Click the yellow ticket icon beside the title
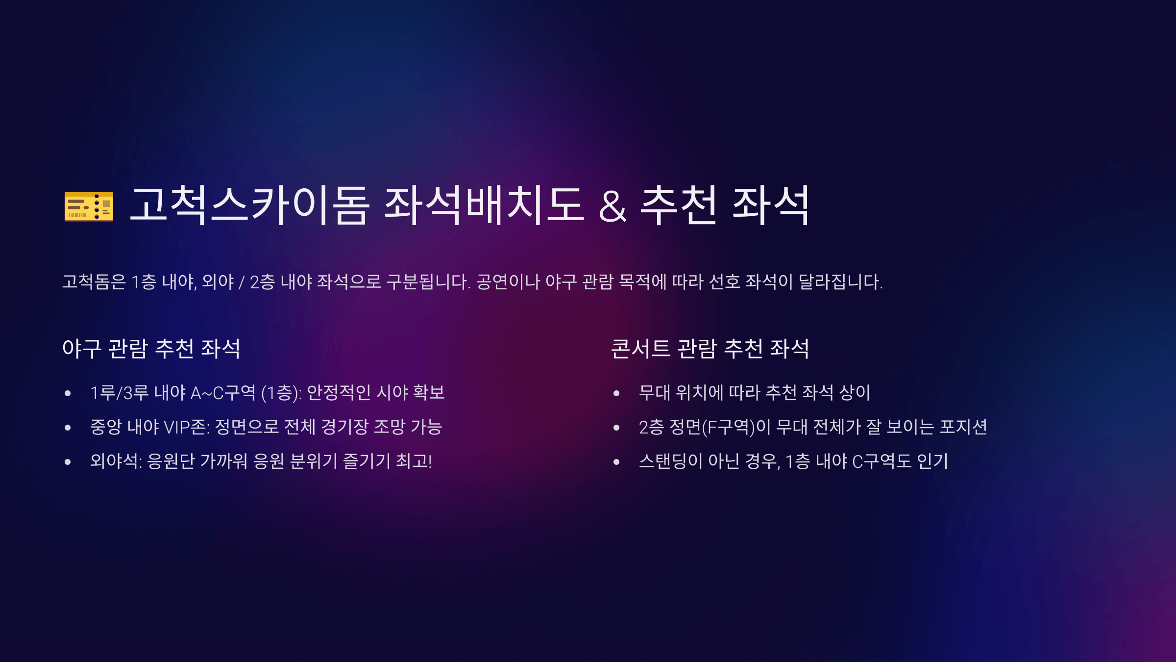(x=89, y=206)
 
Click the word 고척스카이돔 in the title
(x=249, y=205)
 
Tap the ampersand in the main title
(x=612, y=206)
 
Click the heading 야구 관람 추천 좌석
(x=151, y=349)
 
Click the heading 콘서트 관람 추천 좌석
(x=710, y=349)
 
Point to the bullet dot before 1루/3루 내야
(x=68, y=393)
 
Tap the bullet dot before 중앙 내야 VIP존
(x=68, y=428)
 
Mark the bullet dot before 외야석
(x=68, y=462)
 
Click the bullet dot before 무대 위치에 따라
(x=616, y=393)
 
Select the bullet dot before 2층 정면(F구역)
(x=616, y=428)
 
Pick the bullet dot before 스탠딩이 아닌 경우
(x=616, y=462)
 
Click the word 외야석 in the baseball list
(x=115, y=461)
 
